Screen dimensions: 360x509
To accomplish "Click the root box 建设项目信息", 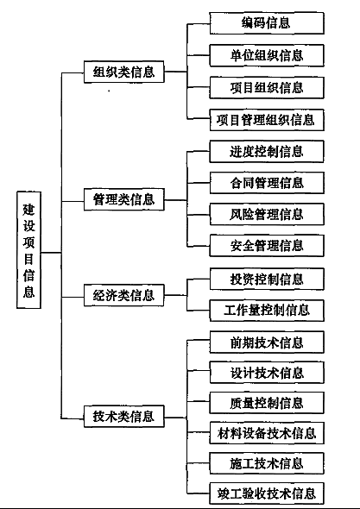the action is (28, 249).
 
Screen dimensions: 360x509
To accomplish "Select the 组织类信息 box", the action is (124, 72).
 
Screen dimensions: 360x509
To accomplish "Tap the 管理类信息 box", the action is (124, 199).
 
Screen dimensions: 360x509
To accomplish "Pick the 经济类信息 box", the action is (124, 295).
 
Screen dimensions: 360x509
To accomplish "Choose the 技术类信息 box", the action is (124, 416).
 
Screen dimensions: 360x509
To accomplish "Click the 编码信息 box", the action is (267, 23).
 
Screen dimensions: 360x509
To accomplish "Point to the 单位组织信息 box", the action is (267, 55).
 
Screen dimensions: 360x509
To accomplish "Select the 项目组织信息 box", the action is (267, 88).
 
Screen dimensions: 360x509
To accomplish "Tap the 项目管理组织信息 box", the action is (267, 120).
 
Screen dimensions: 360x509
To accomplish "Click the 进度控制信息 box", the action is (267, 151).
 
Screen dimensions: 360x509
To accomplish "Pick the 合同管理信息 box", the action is (267, 183).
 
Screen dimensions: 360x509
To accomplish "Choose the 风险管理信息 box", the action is (267, 214).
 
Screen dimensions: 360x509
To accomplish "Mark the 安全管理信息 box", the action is (267, 245).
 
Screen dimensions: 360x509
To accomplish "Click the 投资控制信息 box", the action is (267, 279).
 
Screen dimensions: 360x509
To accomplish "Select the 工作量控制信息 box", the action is (267, 311).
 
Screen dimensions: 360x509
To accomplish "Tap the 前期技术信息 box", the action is (267, 342).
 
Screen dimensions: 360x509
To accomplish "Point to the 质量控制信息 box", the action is (267, 403).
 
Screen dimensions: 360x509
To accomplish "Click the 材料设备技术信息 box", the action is (267, 433).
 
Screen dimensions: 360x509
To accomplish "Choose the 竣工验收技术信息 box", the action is (267, 493).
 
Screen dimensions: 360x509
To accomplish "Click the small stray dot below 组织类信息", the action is (109, 91).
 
